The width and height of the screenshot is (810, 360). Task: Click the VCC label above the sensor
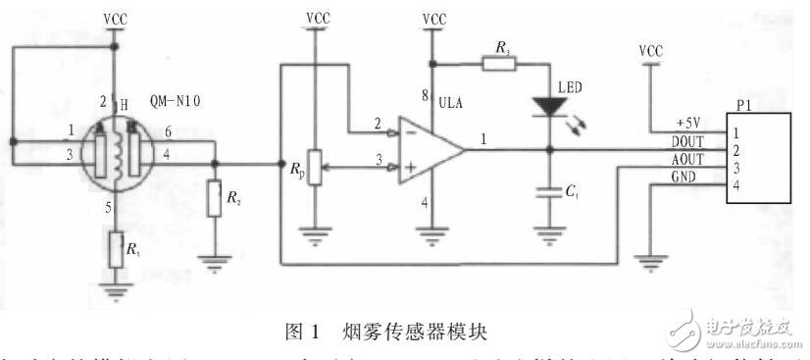(115, 18)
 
